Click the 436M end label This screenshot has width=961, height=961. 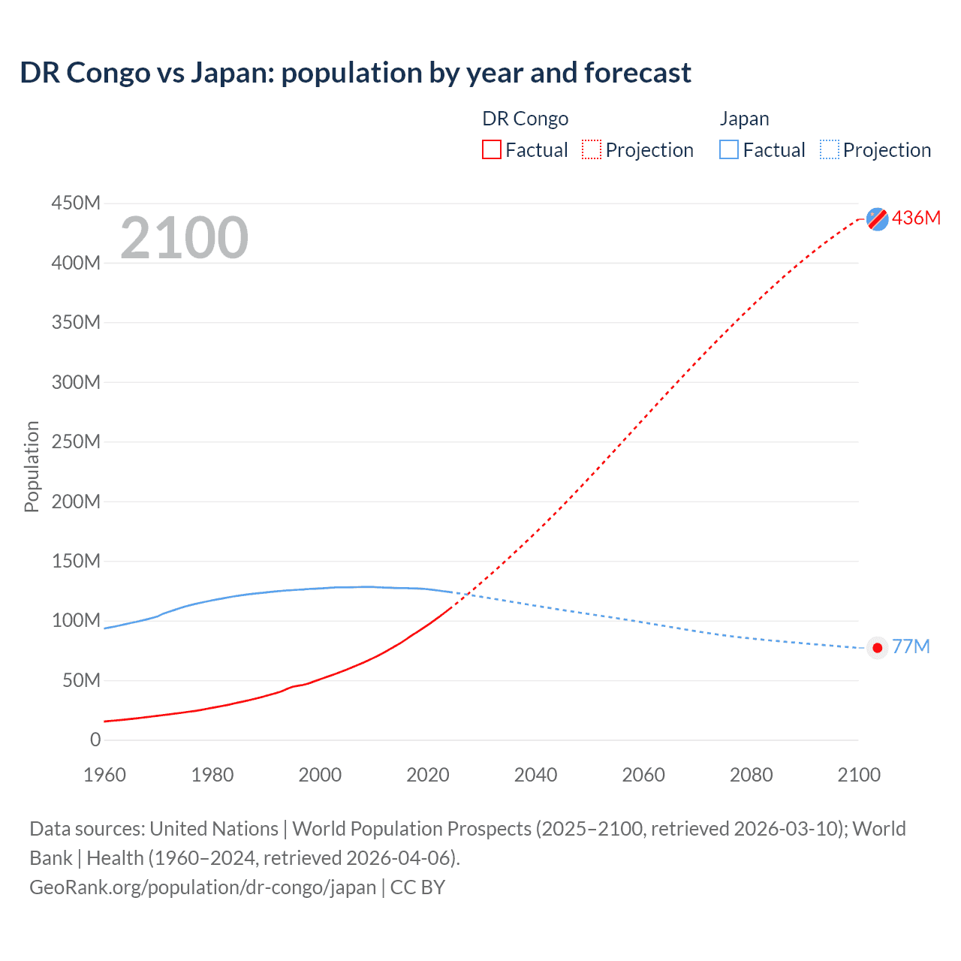[916, 218]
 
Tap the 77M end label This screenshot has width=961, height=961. [911, 647]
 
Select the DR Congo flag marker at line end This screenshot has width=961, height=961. [877, 218]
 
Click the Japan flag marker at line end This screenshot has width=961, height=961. [877, 648]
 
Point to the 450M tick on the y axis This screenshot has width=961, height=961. [76, 203]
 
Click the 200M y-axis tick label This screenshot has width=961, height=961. [76, 502]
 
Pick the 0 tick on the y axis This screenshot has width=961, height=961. [95, 740]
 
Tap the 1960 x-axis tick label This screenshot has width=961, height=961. [104, 775]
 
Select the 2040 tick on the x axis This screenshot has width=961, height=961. [535, 775]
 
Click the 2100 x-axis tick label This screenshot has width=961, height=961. [859, 775]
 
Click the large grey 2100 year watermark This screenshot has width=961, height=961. [184, 238]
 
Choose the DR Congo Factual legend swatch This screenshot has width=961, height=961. [491, 150]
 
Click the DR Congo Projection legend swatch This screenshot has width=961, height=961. [592, 150]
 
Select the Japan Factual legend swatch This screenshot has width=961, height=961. [729, 150]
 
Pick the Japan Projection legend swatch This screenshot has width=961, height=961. [829, 150]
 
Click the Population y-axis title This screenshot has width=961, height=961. [32, 466]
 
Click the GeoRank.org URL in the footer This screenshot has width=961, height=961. [202, 887]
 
